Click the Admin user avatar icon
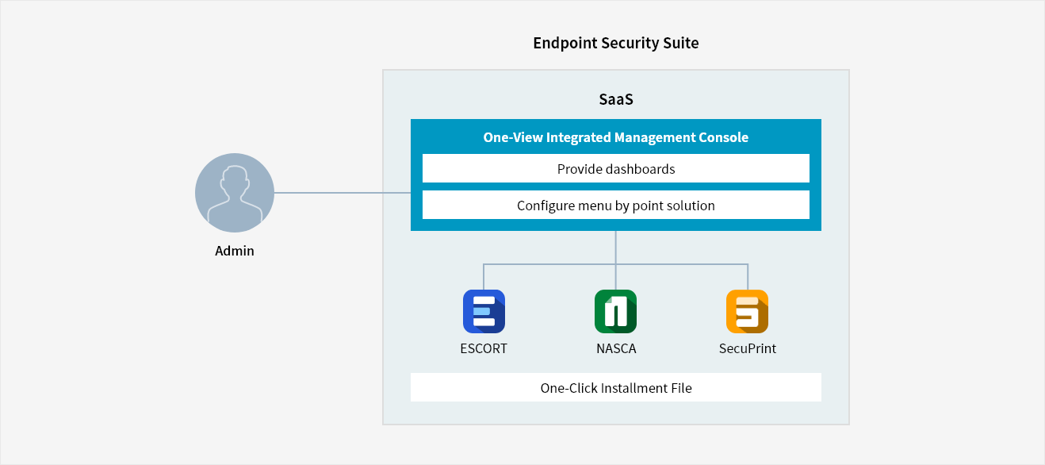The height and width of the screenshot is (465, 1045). (x=235, y=193)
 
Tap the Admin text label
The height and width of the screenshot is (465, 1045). (x=235, y=252)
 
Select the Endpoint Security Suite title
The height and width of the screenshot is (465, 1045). (x=616, y=43)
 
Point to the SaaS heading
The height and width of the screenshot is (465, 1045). (x=616, y=99)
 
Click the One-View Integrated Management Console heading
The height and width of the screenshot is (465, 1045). (x=616, y=137)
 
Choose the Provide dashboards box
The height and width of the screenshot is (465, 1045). (x=616, y=168)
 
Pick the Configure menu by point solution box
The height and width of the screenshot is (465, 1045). (x=616, y=205)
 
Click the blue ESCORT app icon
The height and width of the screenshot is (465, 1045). (x=484, y=311)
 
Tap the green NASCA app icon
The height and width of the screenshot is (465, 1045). (x=616, y=311)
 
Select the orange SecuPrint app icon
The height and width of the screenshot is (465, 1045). (x=748, y=311)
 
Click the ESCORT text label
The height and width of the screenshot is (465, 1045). (x=484, y=349)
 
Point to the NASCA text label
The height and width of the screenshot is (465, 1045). (x=616, y=349)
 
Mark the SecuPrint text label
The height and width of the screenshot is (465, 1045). (x=748, y=349)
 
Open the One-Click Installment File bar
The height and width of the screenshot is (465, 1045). (x=616, y=387)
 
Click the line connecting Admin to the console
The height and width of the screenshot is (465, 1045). (x=343, y=193)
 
